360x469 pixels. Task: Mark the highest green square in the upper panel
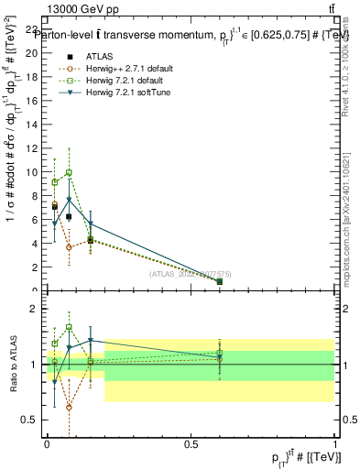(x=69, y=172)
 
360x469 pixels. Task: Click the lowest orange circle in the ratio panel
(x=69, y=407)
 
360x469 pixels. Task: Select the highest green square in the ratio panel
(x=69, y=327)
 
